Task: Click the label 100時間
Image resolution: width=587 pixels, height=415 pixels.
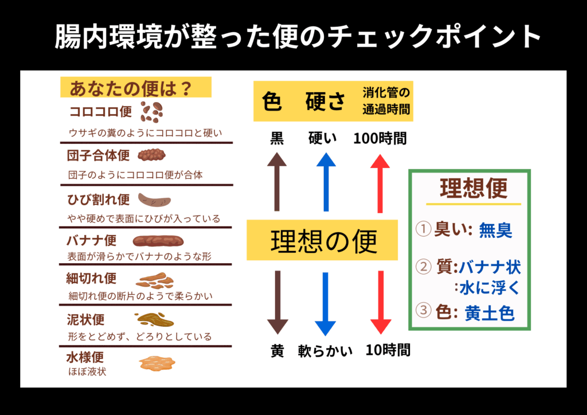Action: [379, 138]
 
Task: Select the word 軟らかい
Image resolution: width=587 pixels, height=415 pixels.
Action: [325, 350]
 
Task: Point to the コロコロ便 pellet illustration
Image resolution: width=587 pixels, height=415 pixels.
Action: [152, 112]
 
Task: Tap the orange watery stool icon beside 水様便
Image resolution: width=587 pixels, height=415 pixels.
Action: [156, 363]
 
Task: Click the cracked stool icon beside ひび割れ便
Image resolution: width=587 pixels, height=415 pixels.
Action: [155, 200]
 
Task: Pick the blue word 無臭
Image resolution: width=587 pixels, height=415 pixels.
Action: [496, 230]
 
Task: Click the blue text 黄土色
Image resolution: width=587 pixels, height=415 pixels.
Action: [489, 313]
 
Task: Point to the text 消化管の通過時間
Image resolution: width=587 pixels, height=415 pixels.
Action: [388, 100]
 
